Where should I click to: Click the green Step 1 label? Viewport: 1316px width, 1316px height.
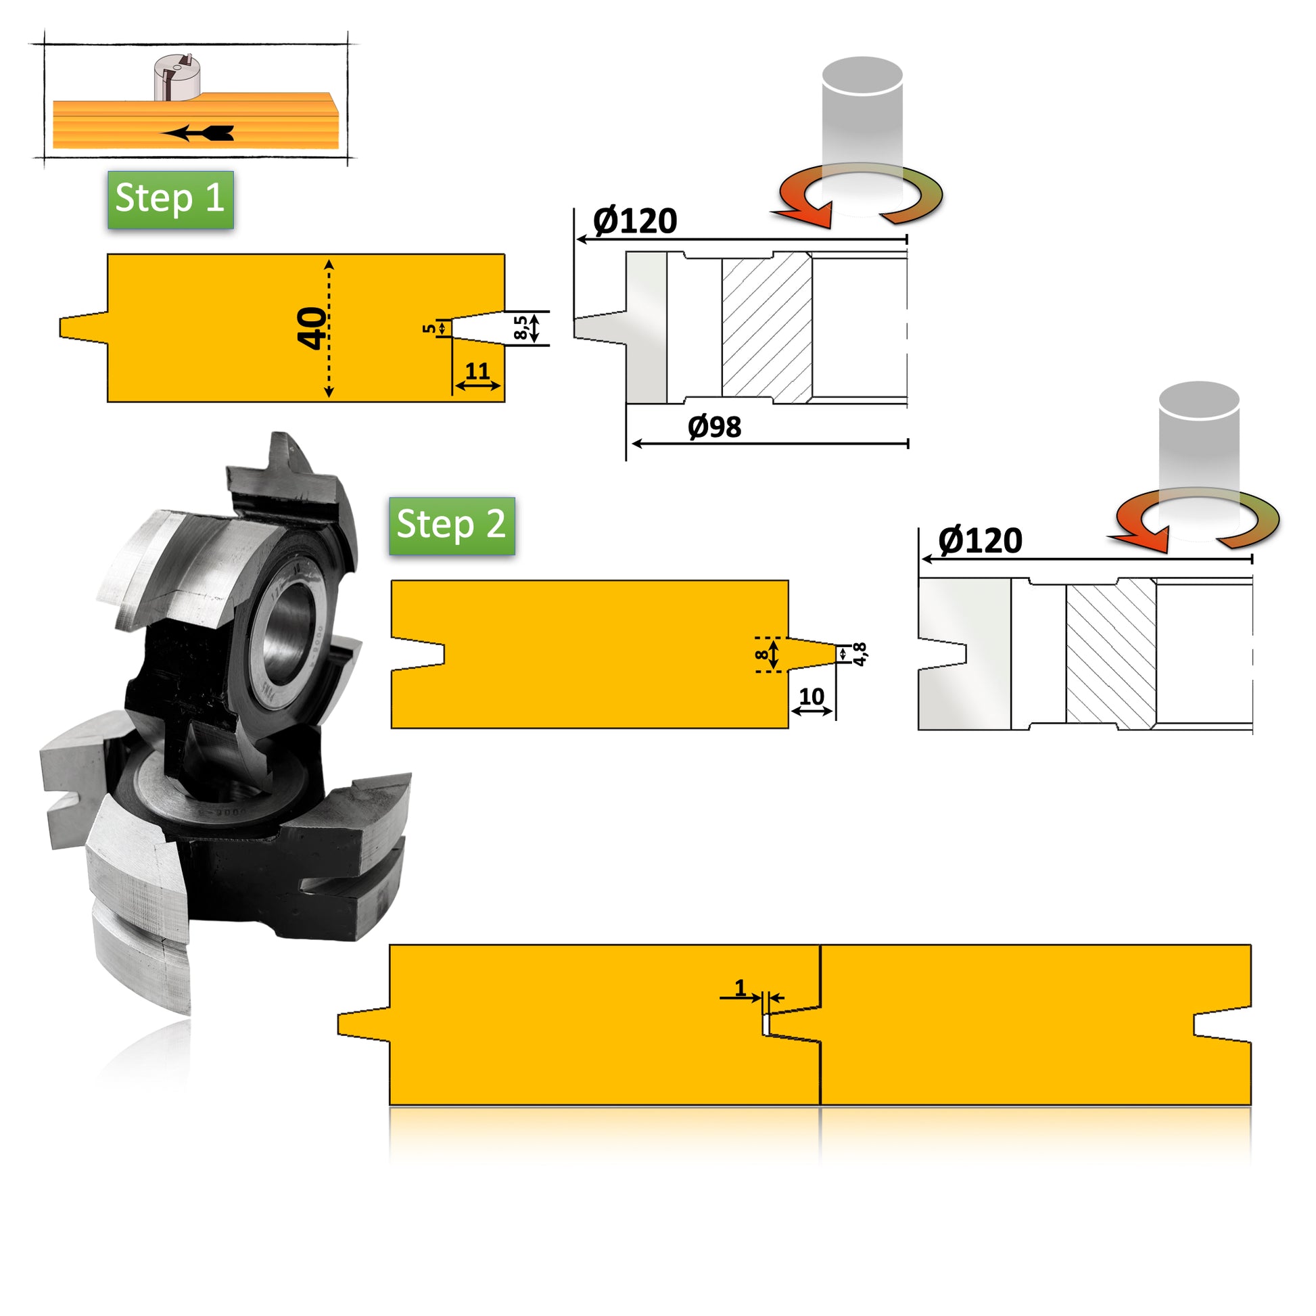point(170,199)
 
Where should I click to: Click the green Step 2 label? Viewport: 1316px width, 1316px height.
point(452,525)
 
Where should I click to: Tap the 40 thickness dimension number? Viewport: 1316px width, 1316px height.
point(311,327)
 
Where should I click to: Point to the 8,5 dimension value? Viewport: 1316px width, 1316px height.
point(521,327)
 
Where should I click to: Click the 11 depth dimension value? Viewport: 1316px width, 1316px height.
point(477,371)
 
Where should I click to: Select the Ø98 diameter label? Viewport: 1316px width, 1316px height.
point(715,427)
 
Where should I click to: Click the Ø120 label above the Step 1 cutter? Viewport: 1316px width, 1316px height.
point(635,221)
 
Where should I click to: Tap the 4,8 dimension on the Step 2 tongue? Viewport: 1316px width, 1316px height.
point(860,654)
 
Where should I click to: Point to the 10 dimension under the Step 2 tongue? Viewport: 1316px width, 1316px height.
point(812,696)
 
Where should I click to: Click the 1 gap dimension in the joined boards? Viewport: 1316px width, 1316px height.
point(741,987)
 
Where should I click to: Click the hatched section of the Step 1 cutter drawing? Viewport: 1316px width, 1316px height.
point(767,327)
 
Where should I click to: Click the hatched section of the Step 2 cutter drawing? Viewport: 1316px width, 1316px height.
point(1111,654)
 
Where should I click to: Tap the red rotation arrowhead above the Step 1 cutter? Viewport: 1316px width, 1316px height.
point(811,214)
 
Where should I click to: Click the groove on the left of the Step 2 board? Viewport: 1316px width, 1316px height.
point(419,654)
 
